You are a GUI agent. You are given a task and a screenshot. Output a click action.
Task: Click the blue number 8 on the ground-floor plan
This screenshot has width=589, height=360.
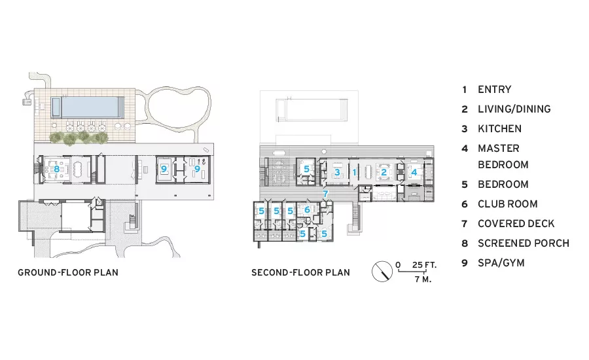pyautogui.click(x=56, y=169)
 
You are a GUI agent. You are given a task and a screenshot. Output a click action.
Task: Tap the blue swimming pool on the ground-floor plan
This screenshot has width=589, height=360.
pyautogui.click(x=88, y=107)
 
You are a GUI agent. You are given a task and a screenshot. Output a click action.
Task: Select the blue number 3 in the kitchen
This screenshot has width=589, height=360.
pyautogui.click(x=337, y=172)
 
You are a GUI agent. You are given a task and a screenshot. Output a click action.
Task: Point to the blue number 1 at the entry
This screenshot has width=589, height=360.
pyautogui.click(x=354, y=172)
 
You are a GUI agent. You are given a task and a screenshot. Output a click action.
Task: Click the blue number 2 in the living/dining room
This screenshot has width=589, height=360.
pyautogui.click(x=384, y=172)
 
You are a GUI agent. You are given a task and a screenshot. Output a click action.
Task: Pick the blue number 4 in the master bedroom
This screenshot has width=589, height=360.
pyautogui.click(x=414, y=172)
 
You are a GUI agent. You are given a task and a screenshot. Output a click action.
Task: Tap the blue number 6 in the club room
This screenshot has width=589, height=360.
pyautogui.click(x=308, y=209)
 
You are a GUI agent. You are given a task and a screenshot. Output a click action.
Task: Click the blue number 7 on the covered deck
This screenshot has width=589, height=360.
pyautogui.click(x=325, y=194)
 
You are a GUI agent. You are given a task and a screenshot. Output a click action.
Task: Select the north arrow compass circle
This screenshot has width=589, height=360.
pyautogui.click(x=382, y=272)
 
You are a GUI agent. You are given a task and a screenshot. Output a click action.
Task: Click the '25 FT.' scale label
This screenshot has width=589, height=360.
pyautogui.click(x=425, y=265)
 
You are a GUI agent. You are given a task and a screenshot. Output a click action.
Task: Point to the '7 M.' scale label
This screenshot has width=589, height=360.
pyautogui.click(x=423, y=279)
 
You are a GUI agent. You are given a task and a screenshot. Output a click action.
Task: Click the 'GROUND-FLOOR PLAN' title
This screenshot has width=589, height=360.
pyautogui.click(x=68, y=272)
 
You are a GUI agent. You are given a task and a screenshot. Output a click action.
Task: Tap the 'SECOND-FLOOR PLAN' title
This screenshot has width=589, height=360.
pyautogui.click(x=300, y=272)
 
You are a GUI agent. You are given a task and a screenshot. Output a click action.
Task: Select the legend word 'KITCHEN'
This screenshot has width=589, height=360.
pyautogui.click(x=499, y=128)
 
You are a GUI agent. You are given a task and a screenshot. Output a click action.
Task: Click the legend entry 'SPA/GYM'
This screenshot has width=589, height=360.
pyautogui.click(x=501, y=262)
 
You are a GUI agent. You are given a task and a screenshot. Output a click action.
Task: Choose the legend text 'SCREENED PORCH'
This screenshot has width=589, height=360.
pyautogui.click(x=524, y=243)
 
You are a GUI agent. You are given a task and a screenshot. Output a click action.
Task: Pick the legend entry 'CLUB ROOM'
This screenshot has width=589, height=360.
pyautogui.click(x=507, y=204)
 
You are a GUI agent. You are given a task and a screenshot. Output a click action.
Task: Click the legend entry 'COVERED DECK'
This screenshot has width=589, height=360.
pyautogui.click(x=516, y=224)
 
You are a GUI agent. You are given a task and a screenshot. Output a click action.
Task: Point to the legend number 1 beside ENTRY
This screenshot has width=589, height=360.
pyautogui.click(x=465, y=90)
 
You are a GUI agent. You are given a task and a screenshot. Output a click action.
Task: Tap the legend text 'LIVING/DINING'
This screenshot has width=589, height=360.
pyautogui.click(x=514, y=109)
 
